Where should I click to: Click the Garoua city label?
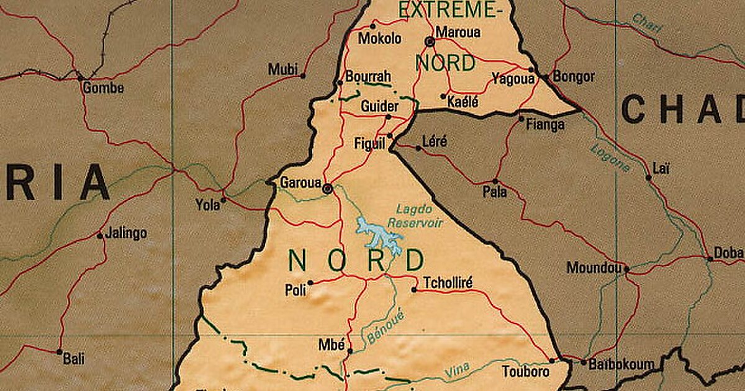(x=300, y=183)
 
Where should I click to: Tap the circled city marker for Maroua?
(x=430, y=42)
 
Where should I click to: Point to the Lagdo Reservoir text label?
(x=420, y=217)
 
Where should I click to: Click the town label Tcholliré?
(x=448, y=284)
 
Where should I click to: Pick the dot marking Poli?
(x=310, y=282)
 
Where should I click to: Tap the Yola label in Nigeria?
(x=207, y=204)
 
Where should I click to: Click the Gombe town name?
(x=103, y=88)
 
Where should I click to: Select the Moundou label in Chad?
(x=594, y=268)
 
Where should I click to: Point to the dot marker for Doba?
(x=710, y=258)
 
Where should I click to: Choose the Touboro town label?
(x=526, y=372)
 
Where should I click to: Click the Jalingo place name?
(x=126, y=233)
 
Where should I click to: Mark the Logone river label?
(x=609, y=157)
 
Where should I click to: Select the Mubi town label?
(x=282, y=70)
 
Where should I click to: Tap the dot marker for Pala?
(x=495, y=181)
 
